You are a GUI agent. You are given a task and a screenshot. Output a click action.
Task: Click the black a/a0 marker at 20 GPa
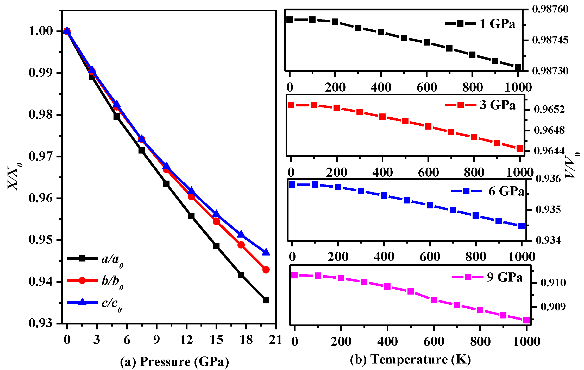click(266, 300)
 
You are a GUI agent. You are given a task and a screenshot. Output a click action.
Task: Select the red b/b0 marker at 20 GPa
click(266, 270)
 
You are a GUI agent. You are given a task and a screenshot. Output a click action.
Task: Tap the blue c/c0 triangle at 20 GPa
click(266, 252)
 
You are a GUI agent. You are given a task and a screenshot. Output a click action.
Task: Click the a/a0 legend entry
click(112, 259)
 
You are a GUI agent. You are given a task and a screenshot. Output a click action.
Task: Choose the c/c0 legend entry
click(111, 303)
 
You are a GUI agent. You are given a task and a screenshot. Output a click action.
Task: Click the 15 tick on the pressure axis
click(216, 340)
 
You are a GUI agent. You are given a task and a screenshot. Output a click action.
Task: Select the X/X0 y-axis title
click(14, 177)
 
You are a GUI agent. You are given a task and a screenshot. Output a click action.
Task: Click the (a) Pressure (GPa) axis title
click(174, 361)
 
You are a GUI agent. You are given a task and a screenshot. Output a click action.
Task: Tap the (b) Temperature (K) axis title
click(410, 359)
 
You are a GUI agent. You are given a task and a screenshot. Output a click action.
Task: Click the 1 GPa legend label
click(497, 24)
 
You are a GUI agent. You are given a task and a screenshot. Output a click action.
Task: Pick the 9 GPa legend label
click(505, 277)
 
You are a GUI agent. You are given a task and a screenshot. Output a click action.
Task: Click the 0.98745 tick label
click(550, 40)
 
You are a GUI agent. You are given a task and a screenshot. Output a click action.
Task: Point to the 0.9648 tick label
click(549, 130)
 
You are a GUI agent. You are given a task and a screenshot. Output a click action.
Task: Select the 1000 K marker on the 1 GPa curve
click(518, 67)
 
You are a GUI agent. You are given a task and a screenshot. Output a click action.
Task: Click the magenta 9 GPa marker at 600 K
click(434, 300)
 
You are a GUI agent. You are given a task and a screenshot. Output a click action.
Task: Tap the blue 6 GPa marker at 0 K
click(292, 184)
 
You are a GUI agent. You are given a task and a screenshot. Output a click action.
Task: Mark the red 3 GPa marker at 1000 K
click(520, 148)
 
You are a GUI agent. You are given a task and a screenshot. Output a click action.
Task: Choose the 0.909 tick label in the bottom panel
click(553, 307)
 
